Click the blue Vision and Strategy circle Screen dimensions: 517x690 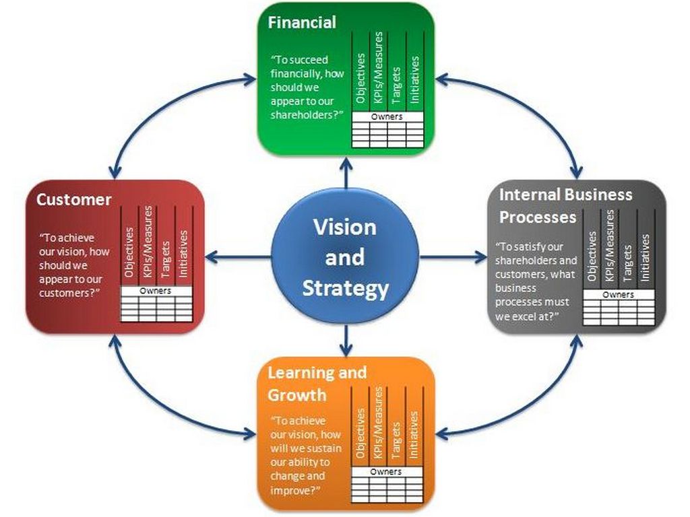click(x=345, y=257)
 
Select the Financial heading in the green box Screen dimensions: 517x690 click(x=302, y=22)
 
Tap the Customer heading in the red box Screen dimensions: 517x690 click(x=74, y=199)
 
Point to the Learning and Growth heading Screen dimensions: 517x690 click(x=317, y=382)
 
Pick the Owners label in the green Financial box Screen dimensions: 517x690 click(x=387, y=116)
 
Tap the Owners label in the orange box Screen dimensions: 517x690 click(x=387, y=472)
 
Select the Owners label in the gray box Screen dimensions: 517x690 click(x=618, y=294)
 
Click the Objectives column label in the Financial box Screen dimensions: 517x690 click(x=361, y=78)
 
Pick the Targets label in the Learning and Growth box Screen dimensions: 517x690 click(x=396, y=441)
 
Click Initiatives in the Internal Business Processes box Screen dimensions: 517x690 click(x=645, y=257)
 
